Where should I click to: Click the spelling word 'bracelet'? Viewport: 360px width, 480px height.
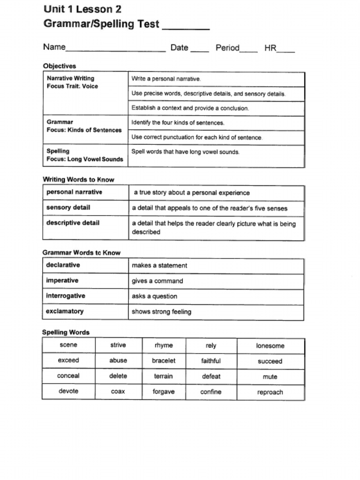tap(164, 360)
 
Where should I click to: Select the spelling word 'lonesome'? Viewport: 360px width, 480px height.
tap(270, 346)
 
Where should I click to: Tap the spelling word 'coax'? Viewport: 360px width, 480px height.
tap(118, 391)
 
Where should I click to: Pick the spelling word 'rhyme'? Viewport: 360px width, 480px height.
tap(164, 345)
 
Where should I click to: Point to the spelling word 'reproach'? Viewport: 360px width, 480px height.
tap(270, 392)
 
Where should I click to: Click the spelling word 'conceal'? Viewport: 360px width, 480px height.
tap(68, 376)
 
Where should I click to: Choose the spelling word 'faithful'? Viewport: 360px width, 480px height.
tap(211, 361)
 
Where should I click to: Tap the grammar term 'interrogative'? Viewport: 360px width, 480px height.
tap(66, 296)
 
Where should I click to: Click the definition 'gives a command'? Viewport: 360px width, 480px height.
tap(157, 281)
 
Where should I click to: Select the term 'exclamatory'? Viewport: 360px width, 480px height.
tap(65, 311)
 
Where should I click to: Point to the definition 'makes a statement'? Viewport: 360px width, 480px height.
tap(159, 266)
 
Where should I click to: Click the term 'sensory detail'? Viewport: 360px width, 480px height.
tap(68, 208)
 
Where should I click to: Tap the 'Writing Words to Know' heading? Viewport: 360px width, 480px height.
tap(78, 180)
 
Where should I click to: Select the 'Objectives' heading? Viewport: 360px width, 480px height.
tap(60, 66)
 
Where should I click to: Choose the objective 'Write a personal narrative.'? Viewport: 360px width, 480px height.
tap(166, 79)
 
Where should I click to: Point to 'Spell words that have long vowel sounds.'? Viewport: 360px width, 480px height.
tap(185, 152)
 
